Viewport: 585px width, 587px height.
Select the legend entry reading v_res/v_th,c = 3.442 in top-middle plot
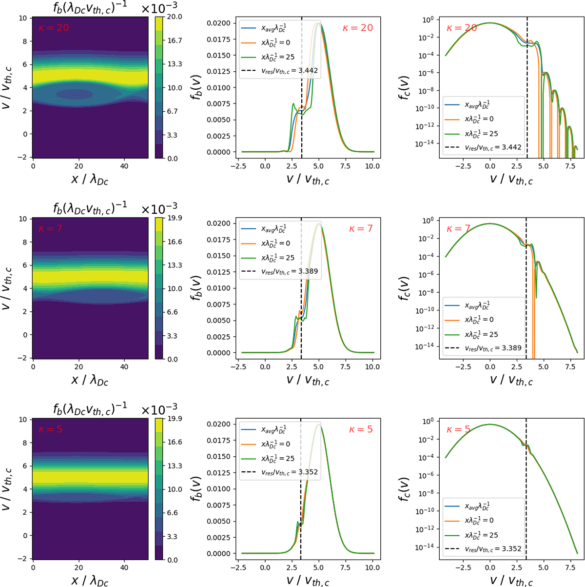pyautogui.click(x=279, y=71)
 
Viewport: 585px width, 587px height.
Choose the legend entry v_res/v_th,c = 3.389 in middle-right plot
pyautogui.click(x=483, y=348)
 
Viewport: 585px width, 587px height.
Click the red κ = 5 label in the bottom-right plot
pyautogui.click(x=459, y=430)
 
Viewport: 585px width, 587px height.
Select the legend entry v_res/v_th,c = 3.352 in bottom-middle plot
pyautogui.click(x=279, y=472)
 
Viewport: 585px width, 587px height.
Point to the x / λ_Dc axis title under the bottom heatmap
pyautogui.click(x=90, y=581)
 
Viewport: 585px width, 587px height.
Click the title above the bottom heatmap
pyautogui.click(x=80, y=406)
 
